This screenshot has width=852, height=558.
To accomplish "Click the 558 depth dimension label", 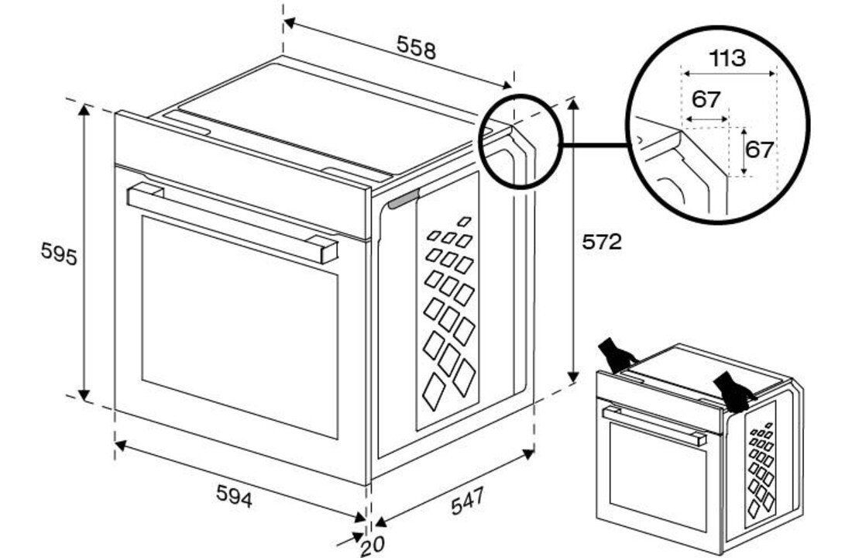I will pos(417,48).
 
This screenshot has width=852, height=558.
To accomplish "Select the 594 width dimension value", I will pos(234,499).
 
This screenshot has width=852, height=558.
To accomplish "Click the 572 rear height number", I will pos(602,243).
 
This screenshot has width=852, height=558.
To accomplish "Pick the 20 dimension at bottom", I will pos(372,546).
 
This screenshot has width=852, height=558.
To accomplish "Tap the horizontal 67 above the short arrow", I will pos(706,99).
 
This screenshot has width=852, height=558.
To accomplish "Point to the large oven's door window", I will pos(240,325).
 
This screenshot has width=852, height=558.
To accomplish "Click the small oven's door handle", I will pos(654,427).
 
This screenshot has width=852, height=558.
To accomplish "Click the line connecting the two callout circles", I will pos(593,145).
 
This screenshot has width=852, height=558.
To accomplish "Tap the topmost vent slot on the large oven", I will pos(464,222).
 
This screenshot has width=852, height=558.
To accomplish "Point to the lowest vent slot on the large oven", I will pos(435,394).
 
